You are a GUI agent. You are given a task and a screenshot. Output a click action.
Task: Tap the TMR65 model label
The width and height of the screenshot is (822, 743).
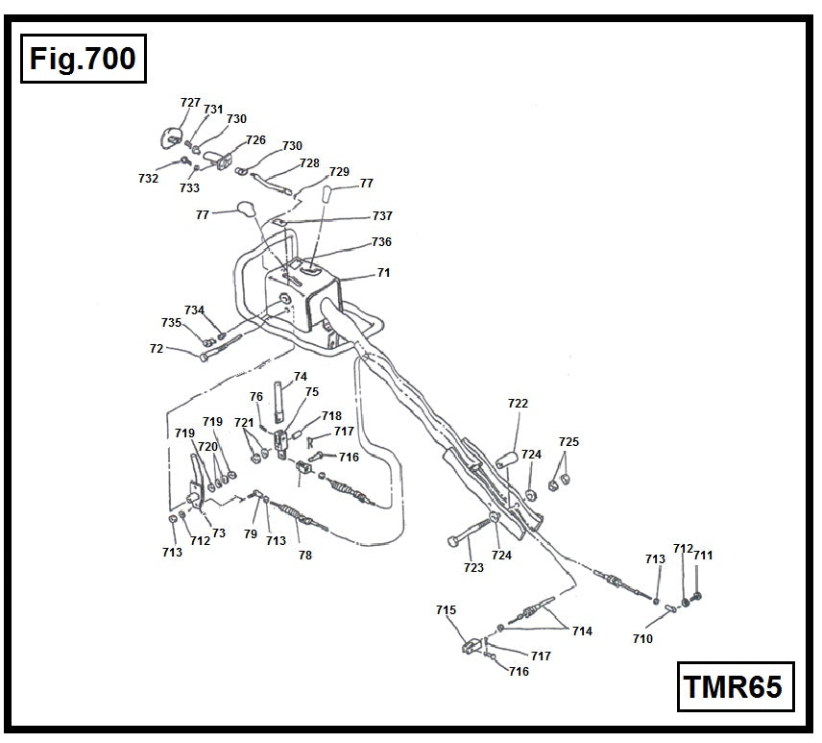pyautogui.click(x=734, y=686)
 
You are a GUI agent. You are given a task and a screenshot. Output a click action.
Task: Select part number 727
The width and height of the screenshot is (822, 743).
pyautogui.click(x=190, y=103)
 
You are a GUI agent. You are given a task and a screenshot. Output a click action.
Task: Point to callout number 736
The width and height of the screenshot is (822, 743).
pyautogui.click(x=381, y=242)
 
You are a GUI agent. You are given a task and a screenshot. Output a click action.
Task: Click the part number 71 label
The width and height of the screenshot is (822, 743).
pyautogui.click(x=383, y=273)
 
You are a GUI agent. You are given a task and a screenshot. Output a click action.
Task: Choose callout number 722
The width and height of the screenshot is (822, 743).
pyautogui.click(x=518, y=404)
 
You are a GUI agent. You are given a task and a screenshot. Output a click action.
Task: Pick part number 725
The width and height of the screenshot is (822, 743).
pyautogui.click(x=569, y=442)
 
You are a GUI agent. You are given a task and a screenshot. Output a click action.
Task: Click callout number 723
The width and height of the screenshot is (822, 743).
pyautogui.click(x=473, y=568)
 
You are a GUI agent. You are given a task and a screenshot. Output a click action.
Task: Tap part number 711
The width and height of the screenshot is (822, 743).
pyautogui.click(x=703, y=556)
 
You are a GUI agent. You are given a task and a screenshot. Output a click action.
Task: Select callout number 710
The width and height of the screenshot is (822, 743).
pyautogui.click(x=642, y=639)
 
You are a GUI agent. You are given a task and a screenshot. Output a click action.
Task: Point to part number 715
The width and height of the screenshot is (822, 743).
pyautogui.click(x=446, y=610)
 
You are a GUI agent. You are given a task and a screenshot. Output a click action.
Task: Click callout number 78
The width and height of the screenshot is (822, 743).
pyautogui.click(x=305, y=556)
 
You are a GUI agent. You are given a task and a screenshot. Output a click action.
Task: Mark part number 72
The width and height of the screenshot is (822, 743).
pyautogui.click(x=157, y=349)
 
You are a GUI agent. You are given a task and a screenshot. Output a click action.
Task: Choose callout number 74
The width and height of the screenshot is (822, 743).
pyautogui.click(x=301, y=377)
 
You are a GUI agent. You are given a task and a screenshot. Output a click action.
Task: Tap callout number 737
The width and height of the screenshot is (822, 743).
pyautogui.click(x=382, y=216)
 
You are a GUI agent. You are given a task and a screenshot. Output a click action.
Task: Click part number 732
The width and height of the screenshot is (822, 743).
pyautogui.click(x=148, y=179)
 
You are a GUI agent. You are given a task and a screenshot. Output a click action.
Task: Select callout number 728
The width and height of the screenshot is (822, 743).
pyautogui.click(x=309, y=163)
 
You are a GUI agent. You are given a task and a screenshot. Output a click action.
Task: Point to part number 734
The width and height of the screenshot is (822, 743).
pyautogui.click(x=195, y=310)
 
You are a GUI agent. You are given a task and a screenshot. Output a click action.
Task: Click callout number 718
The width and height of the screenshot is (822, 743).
pyautogui.click(x=331, y=416)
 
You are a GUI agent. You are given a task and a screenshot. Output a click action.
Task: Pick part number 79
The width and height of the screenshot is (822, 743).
pyautogui.click(x=250, y=533)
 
